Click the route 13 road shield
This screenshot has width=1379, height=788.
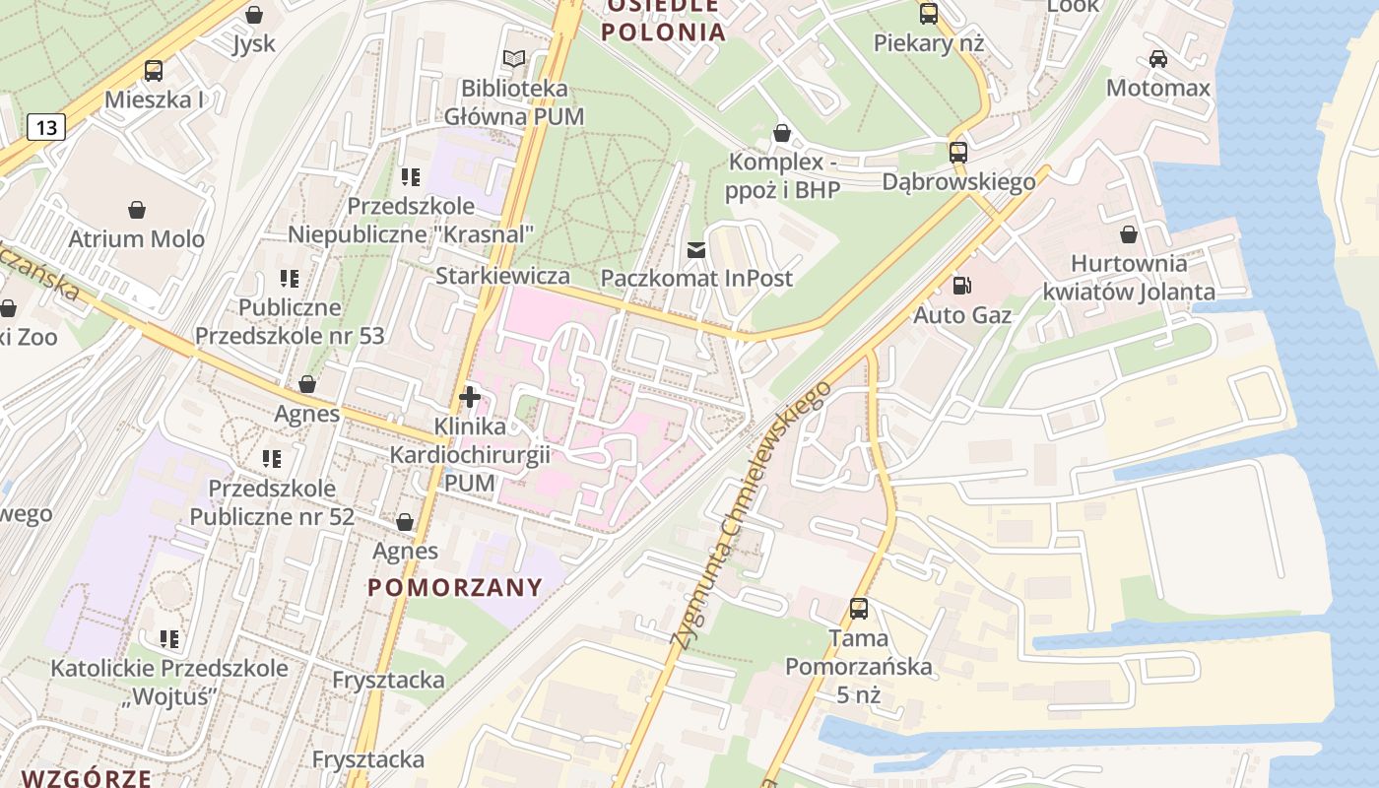point(46,126)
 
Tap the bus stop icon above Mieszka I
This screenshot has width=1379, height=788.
point(154,71)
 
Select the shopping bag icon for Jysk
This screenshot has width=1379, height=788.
point(254,15)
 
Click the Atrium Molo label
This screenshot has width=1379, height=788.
point(136,238)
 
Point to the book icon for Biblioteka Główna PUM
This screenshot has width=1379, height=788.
point(513,59)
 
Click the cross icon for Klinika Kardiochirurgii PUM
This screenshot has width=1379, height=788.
point(470,398)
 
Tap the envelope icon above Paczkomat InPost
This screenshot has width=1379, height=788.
point(696,250)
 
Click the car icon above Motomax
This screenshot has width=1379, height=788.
point(1158,59)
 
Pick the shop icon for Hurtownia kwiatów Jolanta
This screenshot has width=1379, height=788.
point(1129,234)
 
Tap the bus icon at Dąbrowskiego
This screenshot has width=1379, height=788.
point(958,153)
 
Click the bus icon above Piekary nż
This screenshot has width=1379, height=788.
point(929,14)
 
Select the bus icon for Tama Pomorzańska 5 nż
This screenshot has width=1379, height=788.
point(859,609)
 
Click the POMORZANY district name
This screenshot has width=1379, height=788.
point(455,588)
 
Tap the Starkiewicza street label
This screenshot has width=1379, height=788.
point(502,276)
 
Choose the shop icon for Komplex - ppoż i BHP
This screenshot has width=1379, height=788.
point(782,132)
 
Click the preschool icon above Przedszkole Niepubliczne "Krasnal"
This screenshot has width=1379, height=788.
point(411,177)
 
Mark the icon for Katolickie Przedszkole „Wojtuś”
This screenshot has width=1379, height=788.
point(169,639)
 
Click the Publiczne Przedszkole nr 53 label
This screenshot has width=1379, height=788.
point(290,321)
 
